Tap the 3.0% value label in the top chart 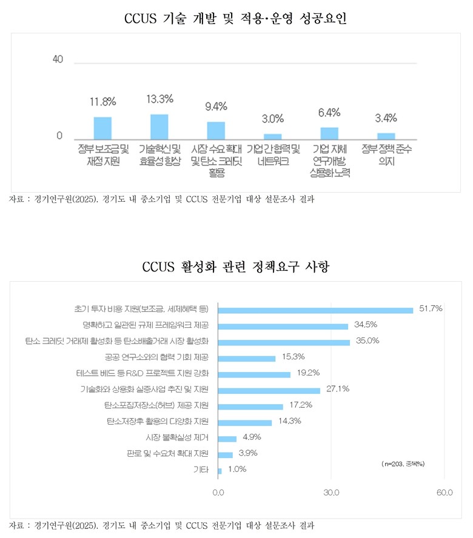[x=273, y=118]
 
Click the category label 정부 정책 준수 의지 [x=386, y=155]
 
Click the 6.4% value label [x=329, y=112]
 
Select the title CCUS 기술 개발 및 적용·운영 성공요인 [x=235, y=19]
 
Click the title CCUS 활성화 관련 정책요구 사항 [x=235, y=267]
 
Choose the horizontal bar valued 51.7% [x=315, y=310]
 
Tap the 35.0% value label [x=367, y=340]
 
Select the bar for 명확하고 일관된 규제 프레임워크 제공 [x=283, y=326]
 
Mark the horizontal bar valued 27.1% [x=269, y=390]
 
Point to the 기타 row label [x=201, y=469]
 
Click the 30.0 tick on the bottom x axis [x=331, y=493]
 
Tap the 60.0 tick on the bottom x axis [x=444, y=493]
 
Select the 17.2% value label [x=301, y=404]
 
